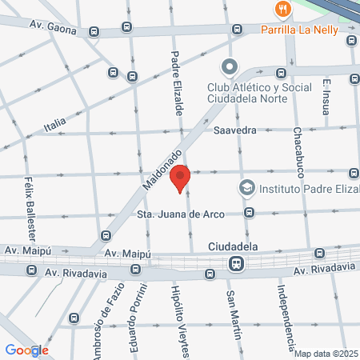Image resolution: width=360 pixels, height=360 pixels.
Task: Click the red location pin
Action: coord(181,176)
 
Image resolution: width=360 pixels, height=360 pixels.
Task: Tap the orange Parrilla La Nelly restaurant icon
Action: coord(282,10)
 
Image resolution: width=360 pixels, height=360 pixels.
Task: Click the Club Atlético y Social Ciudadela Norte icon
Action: coord(229,66)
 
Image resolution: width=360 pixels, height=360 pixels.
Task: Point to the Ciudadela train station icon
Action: coord(236,263)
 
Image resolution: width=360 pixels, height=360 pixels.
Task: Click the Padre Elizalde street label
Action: coord(178,82)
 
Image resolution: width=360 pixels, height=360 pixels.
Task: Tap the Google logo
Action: coord(26,350)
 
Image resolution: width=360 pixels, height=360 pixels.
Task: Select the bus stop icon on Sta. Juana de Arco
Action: coord(250,213)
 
